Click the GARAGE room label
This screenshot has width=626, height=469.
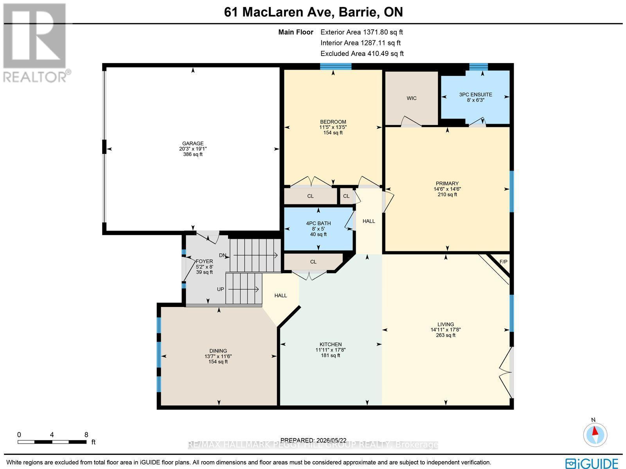[x=193, y=144]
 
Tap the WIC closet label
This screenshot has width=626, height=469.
[x=412, y=98]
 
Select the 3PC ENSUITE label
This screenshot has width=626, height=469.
[x=475, y=94]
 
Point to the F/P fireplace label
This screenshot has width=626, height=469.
[x=504, y=262]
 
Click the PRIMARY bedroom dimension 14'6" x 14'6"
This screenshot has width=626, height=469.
[x=447, y=189]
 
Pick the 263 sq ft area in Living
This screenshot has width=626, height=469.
[x=446, y=335]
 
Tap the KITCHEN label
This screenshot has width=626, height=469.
[x=331, y=345]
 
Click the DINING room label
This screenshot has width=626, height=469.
[x=218, y=351]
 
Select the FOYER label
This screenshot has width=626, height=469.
[x=204, y=261]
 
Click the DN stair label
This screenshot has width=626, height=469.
[x=223, y=255]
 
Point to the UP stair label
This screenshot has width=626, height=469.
[x=220, y=289]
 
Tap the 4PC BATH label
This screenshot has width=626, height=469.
[x=318, y=224]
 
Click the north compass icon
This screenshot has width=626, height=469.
[x=595, y=435]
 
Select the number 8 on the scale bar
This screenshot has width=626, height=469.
[x=86, y=435]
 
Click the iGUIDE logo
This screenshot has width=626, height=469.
[x=592, y=462]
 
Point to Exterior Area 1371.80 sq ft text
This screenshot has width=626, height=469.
[x=362, y=32]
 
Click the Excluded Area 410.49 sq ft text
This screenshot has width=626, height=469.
[x=362, y=54]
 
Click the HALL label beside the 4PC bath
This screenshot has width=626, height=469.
[x=369, y=221]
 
